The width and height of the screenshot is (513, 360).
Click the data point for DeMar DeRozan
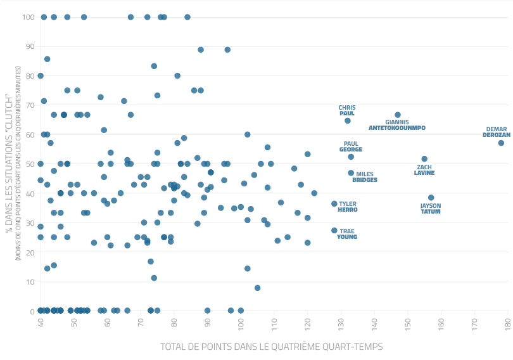(501, 143)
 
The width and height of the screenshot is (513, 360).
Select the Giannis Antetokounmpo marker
(398, 115)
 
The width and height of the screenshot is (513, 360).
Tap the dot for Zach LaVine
(424, 159)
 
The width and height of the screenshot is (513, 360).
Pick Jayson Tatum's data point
(431, 198)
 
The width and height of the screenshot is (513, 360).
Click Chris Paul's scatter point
(348, 121)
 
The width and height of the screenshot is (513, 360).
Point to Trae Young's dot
(334, 231)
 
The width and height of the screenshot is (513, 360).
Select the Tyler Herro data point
(334, 204)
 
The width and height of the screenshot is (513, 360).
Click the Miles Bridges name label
(365, 177)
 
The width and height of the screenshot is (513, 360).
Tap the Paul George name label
(351, 146)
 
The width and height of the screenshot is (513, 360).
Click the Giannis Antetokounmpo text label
(397, 125)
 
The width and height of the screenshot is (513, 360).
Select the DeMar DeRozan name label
(497, 132)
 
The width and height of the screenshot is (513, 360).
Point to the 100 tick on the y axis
(28, 17)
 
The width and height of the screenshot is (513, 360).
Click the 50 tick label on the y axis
(30, 164)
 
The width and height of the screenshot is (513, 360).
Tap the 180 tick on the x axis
(508, 322)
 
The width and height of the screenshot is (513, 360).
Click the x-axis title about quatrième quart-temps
(271, 347)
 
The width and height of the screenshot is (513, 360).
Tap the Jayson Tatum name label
(431, 209)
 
